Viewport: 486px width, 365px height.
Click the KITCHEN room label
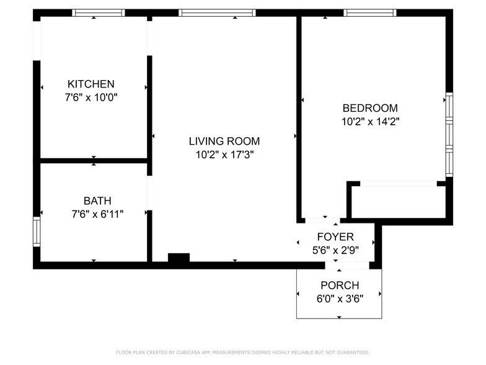click(x=91, y=84)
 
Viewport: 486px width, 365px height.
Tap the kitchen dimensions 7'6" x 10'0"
click(x=91, y=97)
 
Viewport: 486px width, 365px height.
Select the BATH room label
click(x=97, y=201)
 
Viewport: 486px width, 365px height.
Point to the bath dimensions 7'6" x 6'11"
click(x=97, y=214)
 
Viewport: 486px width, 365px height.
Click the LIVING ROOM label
click(x=224, y=141)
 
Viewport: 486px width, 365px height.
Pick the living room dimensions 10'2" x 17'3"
click(x=224, y=155)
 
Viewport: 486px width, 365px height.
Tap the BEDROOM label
click(x=370, y=107)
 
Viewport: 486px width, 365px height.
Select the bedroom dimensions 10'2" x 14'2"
click(x=370, y=122)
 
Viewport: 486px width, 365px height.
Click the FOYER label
click(x=335, y=237)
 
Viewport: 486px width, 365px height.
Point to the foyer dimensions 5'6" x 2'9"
click(x=335, y=250)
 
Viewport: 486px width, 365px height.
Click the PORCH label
click(x=339, y=285)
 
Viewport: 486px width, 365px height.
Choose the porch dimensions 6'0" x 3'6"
click(x=339, y=299)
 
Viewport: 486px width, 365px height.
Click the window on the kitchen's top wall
click(x=99, y=12)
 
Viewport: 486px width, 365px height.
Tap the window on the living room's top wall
click(x=217, y=12)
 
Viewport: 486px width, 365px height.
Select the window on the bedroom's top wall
click(x=370, y=12)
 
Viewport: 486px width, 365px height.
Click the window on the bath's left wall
click(x=37, y=231)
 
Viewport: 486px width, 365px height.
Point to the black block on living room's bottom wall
click(x=179, y=259)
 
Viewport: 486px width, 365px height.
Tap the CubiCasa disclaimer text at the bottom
click(x=243, y=352)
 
